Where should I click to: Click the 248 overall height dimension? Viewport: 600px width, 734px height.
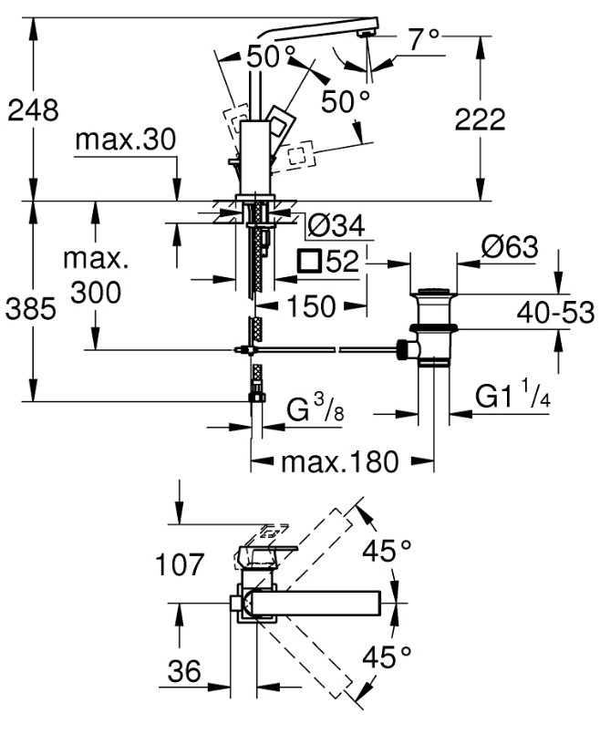point(33,110)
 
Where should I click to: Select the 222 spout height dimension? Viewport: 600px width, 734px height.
point(481,119)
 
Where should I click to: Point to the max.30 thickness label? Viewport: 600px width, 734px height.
point(126,139)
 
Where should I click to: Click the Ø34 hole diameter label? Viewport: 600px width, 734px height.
point(336,227)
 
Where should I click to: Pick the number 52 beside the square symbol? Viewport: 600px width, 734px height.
point(342,261)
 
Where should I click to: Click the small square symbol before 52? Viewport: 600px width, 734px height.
point(309,260)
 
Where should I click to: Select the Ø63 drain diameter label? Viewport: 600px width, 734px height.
point(510,247)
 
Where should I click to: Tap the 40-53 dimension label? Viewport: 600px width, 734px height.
point(555,312)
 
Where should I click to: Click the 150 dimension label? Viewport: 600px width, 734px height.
point(311,306)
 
